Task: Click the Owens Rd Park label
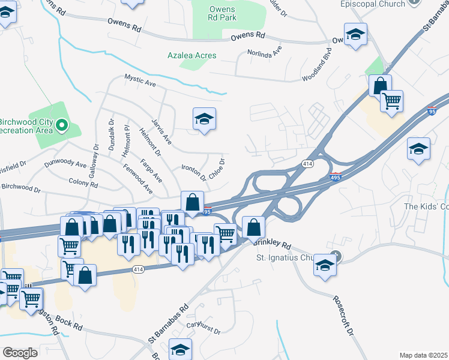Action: pyautogui.click(x=223, y=13)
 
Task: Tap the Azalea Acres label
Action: pyautogui.click(x=192, y=55)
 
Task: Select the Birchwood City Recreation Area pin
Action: pyautogui.click(x=61, y=125)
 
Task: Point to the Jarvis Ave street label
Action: pyautogui.click(x=162, y=131)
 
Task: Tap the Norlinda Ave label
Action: pyautogui.click(x=265, y=53)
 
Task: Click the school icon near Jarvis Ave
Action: pyautogui.click(x=204, y=119)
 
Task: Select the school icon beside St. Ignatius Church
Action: pyautogui.click(x=325, y=265)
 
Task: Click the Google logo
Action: pyautogui.click(x=19, y=352)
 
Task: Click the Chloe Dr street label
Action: pyautogui.click(x=217, y=169)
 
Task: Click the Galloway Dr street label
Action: pyautogui.click(x=95, y=155)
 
